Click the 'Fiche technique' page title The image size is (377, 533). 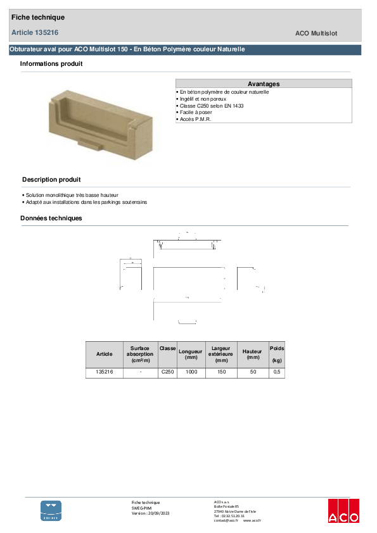38,17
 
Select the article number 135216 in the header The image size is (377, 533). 35,32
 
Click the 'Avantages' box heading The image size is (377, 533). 264,84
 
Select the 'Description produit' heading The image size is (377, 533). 51,180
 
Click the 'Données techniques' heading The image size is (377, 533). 51,218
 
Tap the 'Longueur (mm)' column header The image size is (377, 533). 190,354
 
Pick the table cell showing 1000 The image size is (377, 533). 190,373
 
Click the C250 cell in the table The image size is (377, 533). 167,373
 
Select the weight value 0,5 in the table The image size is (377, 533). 276,373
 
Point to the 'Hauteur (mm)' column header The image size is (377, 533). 253,354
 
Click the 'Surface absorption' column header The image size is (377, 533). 140,354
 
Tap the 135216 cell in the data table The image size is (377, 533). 104,373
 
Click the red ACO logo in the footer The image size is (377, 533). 343,511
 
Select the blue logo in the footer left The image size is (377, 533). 51,510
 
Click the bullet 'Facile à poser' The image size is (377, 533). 198,113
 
